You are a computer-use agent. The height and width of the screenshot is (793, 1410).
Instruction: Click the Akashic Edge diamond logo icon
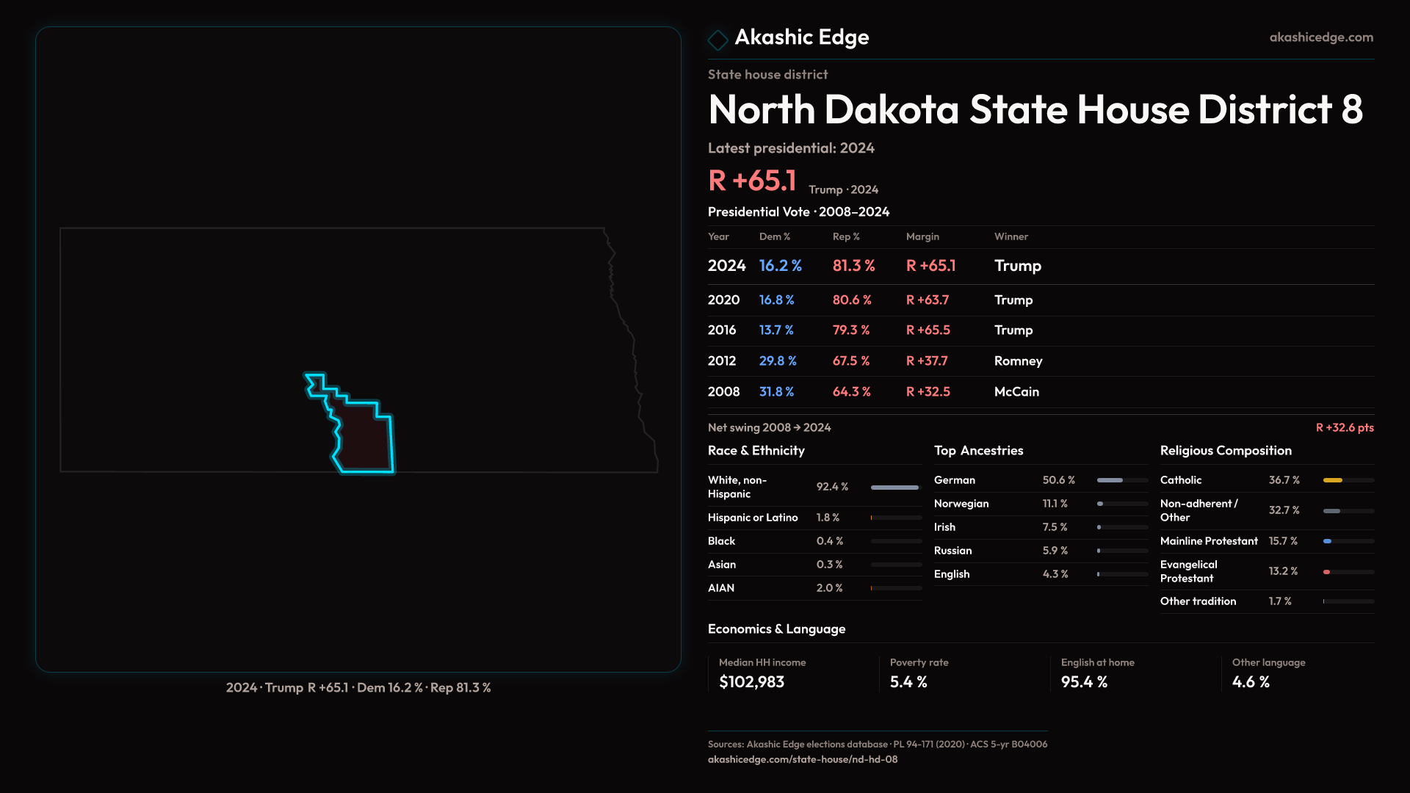[717, 39]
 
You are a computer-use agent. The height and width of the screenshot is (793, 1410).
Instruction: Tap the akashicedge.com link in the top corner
[1321, 37]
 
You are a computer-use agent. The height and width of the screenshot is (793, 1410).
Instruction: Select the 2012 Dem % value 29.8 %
[778, 361]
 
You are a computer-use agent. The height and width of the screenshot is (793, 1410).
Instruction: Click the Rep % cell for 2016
[850, 330]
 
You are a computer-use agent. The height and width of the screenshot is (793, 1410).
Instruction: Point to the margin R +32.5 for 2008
[928, 392]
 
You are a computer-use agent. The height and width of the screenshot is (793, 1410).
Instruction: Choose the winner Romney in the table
[1018, 361]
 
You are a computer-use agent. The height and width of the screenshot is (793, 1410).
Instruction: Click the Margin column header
[922, 236]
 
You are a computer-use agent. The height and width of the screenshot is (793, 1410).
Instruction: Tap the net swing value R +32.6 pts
[1344, 427]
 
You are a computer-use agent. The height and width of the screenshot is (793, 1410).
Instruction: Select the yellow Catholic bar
[1333, 480]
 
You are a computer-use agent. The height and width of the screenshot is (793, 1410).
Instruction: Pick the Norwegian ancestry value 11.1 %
[1055, 504]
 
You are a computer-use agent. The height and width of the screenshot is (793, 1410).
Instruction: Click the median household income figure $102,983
[751, 682]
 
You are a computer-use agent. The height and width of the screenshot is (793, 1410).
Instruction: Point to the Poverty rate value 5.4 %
[908, 682]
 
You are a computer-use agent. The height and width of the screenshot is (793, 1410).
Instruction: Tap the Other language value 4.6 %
[1251, 682]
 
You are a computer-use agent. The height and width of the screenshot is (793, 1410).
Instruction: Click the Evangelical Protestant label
[1188, 571]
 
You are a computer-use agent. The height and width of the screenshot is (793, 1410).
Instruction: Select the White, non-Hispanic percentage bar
[895, 488]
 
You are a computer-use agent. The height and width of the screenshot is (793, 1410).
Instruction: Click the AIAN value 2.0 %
[829, 588]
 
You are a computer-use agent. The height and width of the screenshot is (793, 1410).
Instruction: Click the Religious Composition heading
[1226, 451]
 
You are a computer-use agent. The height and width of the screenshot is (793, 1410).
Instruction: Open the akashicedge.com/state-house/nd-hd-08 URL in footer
[802, 759]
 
